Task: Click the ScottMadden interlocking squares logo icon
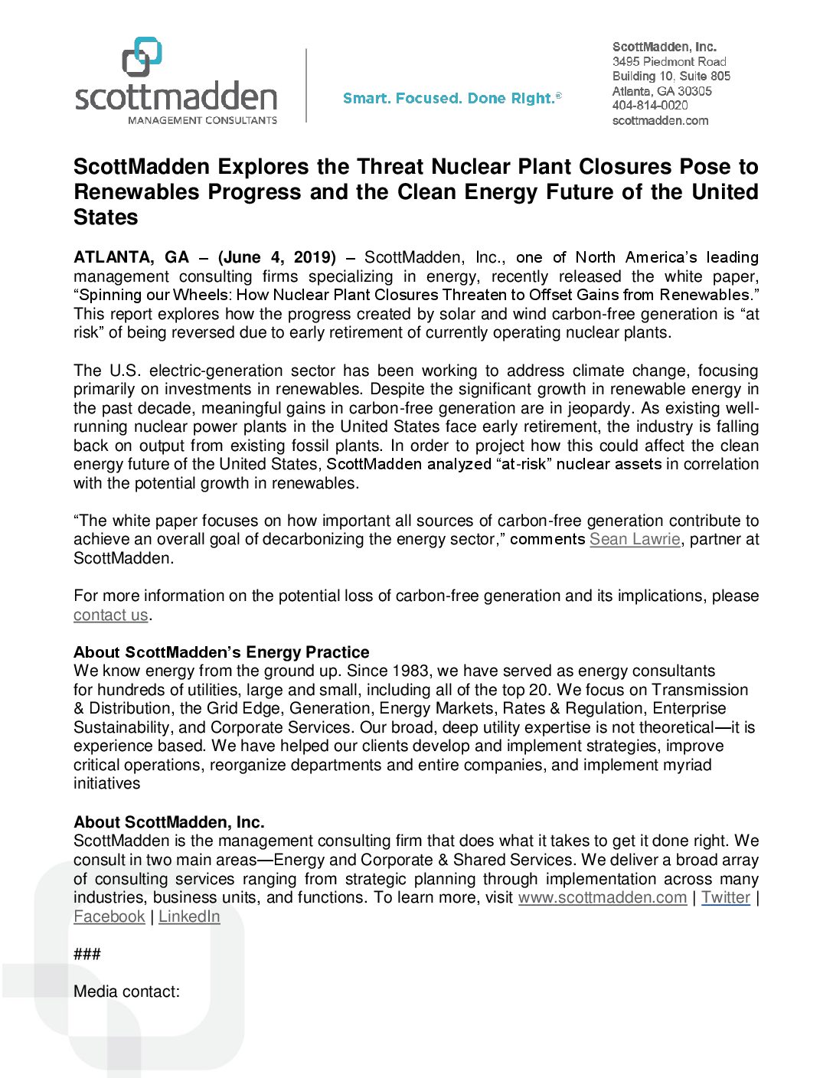coord(142,57)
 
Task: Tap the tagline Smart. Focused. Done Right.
coord(452,99)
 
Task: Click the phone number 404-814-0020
coord(650,106)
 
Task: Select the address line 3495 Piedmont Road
coord(669,61)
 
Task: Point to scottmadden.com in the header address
coord(660,121)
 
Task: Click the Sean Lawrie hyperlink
coord(635,539)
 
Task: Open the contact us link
coord(110,615)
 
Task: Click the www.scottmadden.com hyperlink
coord(602,897)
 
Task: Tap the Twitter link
coord(725,897)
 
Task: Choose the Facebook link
coord(109,916)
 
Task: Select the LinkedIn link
coord(189,916)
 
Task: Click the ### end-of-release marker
coord(87,954)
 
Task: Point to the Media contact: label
coord(126,991)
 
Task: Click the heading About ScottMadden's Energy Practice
coord(221,652)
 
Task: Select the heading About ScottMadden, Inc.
coord(169,822)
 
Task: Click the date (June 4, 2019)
coord(277,257)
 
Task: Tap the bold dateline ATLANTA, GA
coord(131,257)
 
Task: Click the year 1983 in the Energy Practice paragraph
coord(410,671)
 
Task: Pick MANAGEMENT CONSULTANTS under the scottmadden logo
coord(202,120)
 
